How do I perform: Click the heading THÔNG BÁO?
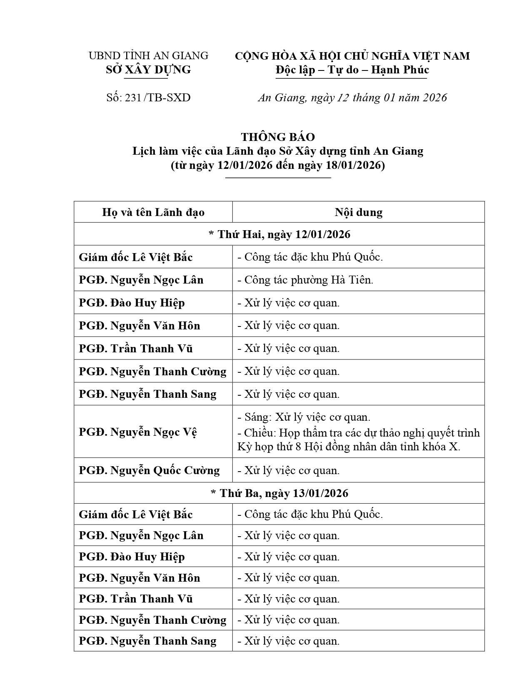278,137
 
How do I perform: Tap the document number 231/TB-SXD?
148,98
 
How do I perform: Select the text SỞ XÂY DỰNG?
148,70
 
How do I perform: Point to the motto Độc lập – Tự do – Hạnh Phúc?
352,70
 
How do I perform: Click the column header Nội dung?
358,212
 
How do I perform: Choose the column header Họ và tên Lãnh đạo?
153,212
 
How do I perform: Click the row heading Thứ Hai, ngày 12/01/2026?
279,234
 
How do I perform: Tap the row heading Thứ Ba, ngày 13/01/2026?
279,493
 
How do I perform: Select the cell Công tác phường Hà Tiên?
305,280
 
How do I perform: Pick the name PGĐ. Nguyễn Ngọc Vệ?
138,432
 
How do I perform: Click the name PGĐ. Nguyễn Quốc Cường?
149,470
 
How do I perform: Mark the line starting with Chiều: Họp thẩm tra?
359,433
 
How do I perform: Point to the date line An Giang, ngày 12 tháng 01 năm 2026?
352,98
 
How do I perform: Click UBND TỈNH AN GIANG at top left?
148,55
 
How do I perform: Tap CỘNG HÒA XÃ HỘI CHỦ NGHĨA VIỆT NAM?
352,56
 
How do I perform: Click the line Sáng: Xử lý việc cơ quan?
304,417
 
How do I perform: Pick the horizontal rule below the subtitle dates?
278,178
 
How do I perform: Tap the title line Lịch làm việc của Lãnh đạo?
278,151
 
